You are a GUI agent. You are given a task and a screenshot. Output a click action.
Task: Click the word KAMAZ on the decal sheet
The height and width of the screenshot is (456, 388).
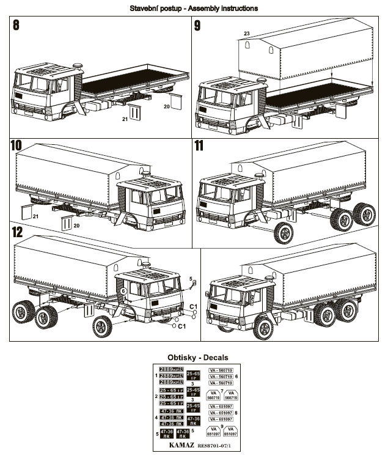click(x=177, y=446)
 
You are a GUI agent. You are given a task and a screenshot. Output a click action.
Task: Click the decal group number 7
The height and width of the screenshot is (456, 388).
click(x=222, y=390)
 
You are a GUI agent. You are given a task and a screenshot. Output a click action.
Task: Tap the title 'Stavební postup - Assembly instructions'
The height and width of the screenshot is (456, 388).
click(x=194, y=8)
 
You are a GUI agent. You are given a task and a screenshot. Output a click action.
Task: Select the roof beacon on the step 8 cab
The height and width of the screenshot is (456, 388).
click(x=78, y=64)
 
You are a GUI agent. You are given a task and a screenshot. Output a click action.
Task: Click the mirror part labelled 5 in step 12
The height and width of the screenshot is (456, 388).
click(x=191, y=283)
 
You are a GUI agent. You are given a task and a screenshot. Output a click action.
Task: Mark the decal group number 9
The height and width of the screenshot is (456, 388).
click(x=222, y=426)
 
